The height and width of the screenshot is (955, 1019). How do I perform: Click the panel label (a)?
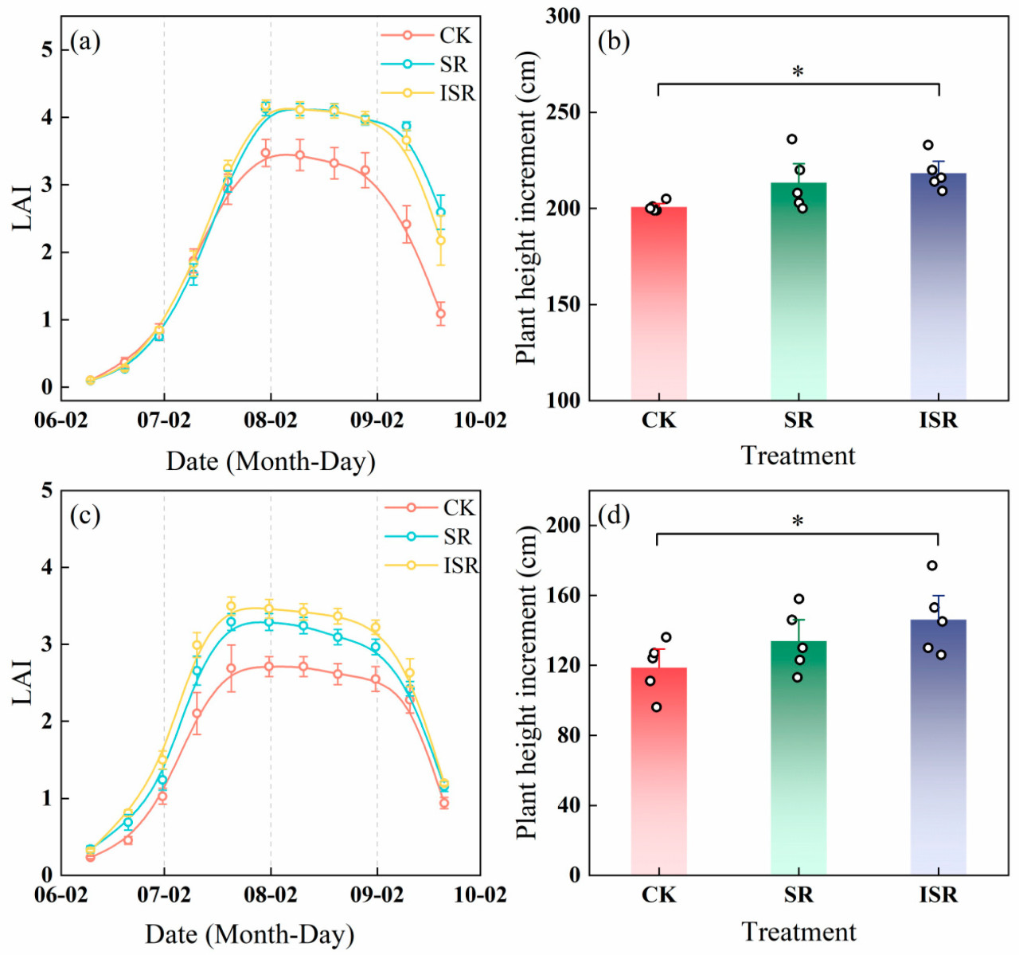click(x=85, y=41)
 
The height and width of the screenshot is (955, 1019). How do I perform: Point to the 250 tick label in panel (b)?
click(x=563, y=113)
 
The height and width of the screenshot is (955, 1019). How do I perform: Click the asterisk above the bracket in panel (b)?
click(x=798, y=72)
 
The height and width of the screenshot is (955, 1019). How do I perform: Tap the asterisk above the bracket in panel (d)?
click(x=798, y=523)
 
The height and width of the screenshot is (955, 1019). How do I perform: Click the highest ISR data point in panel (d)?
click(x=932, y=566)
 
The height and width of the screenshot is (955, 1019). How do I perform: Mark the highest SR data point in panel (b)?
click(x=792, y=139)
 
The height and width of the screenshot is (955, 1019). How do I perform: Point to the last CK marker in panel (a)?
click(x=441, y=314)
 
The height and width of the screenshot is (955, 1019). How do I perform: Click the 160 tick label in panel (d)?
click(x=563, y=596)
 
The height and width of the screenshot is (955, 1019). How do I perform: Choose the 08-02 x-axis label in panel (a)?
click(x=271, y=420)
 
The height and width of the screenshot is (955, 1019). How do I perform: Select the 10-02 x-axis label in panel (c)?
click(x=480, y=894)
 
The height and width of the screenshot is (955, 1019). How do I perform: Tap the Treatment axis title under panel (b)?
click(x=798, y=456)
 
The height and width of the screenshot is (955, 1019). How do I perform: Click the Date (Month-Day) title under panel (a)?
click(x=271, y=461)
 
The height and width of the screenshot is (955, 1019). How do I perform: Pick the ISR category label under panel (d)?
click(x=938, y=894)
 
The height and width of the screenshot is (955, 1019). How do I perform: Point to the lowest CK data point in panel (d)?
click(x=657, y=706)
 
